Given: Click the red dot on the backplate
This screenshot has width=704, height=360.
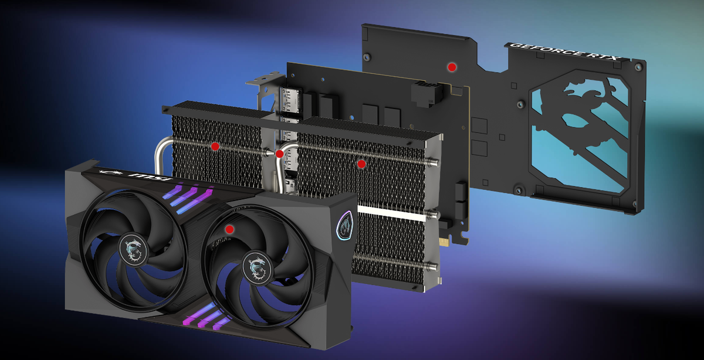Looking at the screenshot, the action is pyautogui.click(x=452, y=67).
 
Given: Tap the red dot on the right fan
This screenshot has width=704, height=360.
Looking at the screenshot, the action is pyautogui.click(x=229, y=229).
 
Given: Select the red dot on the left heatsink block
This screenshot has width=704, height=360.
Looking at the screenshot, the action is pyautogui.click(x=215, y=146).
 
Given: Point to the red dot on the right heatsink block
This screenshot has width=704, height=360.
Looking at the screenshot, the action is pyautogui.click(x=361, y=164).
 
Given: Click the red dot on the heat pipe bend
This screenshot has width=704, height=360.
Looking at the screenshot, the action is pyautogui.click(x=279, y=154).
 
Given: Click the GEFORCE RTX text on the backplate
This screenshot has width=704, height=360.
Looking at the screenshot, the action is pyautogui.click(x=565, y=51).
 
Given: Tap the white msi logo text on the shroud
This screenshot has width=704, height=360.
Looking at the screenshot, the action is pyautogui.click(x=152, y=176).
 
